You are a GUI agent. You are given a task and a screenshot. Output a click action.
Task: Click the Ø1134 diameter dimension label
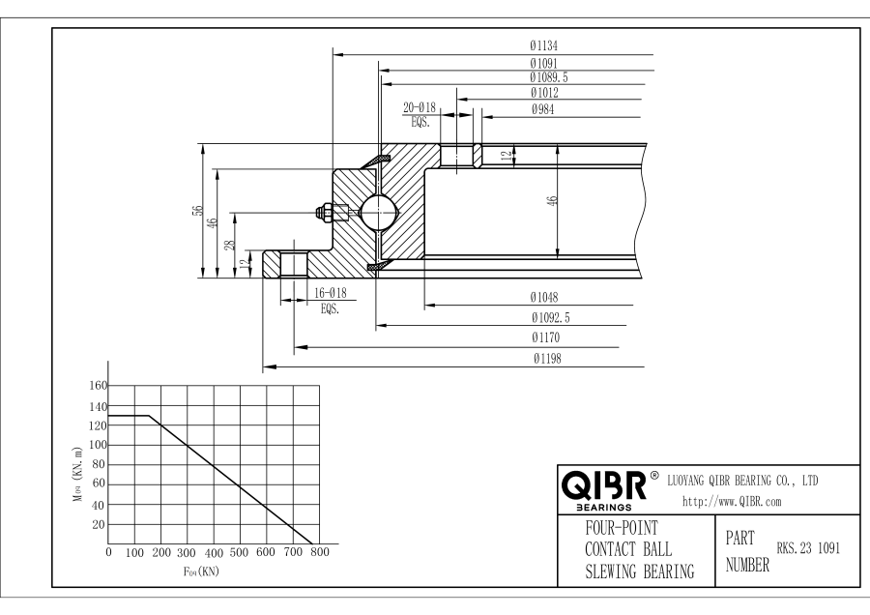point(543,45)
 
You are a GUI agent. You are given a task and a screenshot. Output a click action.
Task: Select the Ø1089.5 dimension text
point(549,77)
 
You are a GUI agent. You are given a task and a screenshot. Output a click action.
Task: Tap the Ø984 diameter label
point(542,109)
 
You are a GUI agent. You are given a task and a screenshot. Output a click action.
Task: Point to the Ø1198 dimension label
point(547,359)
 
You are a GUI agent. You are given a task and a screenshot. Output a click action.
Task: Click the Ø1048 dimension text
point(543,297)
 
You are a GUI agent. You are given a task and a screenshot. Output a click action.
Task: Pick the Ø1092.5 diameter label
point(550,317)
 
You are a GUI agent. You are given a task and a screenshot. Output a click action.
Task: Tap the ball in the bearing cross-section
point(378,212)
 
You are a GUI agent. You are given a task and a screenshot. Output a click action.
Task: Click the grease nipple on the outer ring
point(332,212)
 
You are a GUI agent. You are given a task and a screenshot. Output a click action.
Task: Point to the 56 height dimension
point(197,211)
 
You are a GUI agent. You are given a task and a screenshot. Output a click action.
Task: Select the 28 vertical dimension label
point(230,245)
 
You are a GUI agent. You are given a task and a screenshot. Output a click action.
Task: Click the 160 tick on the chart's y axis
point(98,385)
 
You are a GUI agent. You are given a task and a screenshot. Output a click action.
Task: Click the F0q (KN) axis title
point(201,571)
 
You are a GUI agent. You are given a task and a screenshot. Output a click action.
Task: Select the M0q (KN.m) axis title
point(78,474)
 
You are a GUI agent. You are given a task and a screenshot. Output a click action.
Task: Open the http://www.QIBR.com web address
point(732,502)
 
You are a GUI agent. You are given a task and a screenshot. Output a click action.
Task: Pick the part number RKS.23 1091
point(808,548)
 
